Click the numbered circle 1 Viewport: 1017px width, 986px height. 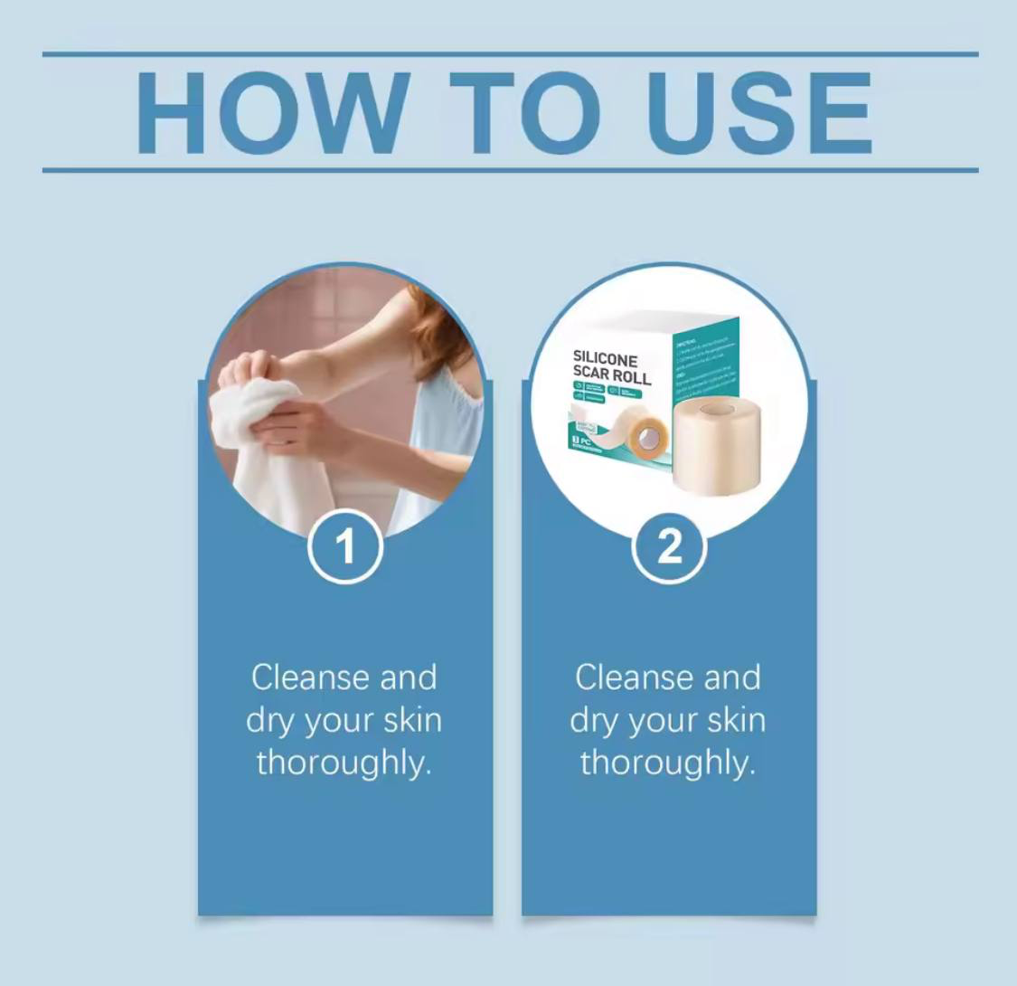(345, 546)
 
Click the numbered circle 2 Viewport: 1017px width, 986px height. (669, 546)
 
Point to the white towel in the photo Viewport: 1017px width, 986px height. (262, 443)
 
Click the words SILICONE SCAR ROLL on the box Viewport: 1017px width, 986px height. (611, 367)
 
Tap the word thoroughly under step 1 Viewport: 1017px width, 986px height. (343, 763)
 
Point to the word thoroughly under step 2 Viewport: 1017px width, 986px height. (667, 763)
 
